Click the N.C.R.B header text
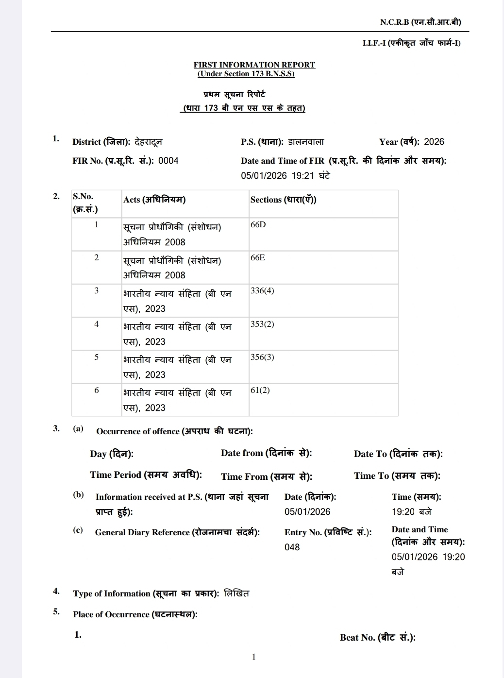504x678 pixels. pyautogui.click(x=420, y=22)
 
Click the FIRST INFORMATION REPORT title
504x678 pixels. pyautogui.click(x=254, y=65)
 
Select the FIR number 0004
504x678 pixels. pyautogui.click(x=168, y=161)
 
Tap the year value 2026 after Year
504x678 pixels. pyautogui.click(x=434, y=142)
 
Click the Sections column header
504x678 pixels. pyautogui.click(x=283, y=200)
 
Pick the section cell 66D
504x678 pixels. pyautogui.click(x=258, y=225)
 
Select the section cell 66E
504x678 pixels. pyautogui.click(x=257, y=258)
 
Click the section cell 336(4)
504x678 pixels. pyautogui.click(x=262, y=291)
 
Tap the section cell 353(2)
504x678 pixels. pyautogui.click(x=262, y=324)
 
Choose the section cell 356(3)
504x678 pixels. pyautogui.click(x=262, y=357)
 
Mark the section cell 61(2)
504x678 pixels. pyautogui.click(x=260, y=390)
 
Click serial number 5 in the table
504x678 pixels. pyautogui.click(x=96, y=357)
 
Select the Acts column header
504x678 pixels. pyautogui.click(x=154, y=200)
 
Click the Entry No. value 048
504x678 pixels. pyautogui.click(x=292, y=547)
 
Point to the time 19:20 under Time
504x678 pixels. pyautogui.click(x=403, y=512)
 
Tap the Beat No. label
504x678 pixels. pyautogui.click(x=377, y=638)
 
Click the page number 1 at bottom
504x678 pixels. pyautogui.click(x=253, y=657)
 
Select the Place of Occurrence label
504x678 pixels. pyautogui.click(x=135, y=614)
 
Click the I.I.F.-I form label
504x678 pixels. pyautogui.click(x=411, y=43)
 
